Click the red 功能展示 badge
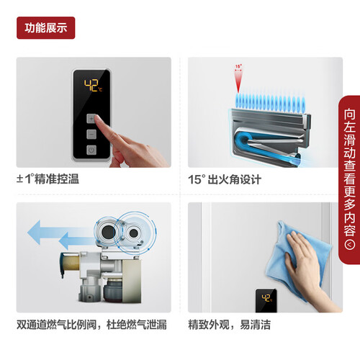46,28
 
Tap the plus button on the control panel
91,119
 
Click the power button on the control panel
91,150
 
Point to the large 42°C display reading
93,86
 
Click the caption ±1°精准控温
48,179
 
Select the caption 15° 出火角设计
225,179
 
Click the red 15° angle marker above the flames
238,78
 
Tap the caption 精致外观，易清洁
230,325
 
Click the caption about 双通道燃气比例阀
91,325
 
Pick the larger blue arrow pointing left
60,232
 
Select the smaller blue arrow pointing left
77,240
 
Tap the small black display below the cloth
266,300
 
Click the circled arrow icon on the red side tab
349,245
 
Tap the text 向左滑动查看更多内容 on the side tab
349,172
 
